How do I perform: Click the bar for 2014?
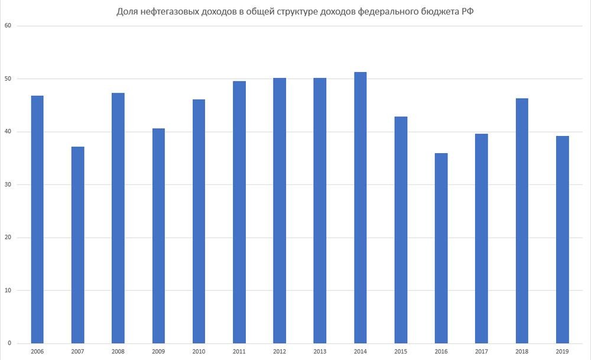pos(360,207)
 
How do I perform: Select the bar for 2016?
pos(441,248)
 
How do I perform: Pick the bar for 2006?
pos(37,219)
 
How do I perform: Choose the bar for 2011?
pos(239,212)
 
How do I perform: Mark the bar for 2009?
pos(158,236)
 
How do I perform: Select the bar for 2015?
pos(401,230)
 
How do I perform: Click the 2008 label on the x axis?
pos(118,352)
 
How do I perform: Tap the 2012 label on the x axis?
pos(280,352)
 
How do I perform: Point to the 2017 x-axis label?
pos(482,352)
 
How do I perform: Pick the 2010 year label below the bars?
pos(199,352)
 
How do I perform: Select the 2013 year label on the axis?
pos(320,352)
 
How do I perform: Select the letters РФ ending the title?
pos(468,11)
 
